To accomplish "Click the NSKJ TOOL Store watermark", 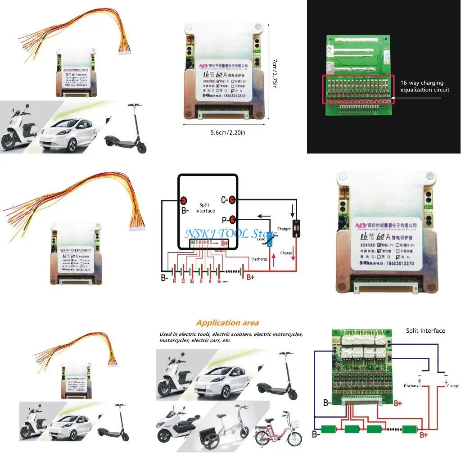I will tap(230, 235).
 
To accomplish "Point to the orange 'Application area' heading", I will tap(227, 323).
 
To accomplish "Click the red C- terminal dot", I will tap(232, 199).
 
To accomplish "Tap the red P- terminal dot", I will tap(232, 220).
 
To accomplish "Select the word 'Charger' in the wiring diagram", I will tap(284, 229).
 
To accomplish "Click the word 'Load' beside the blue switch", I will tap(261, 239).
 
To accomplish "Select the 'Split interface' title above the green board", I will tap(425, 330).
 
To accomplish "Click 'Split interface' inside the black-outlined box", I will tap(205, 208).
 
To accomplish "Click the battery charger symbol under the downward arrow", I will tap(296, 228).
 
